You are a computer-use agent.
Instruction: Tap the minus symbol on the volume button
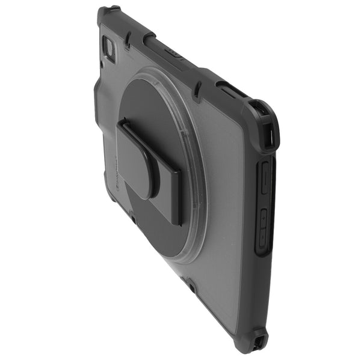(x=263, y=180)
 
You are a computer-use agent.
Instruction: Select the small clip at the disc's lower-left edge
(x=133, y=220)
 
